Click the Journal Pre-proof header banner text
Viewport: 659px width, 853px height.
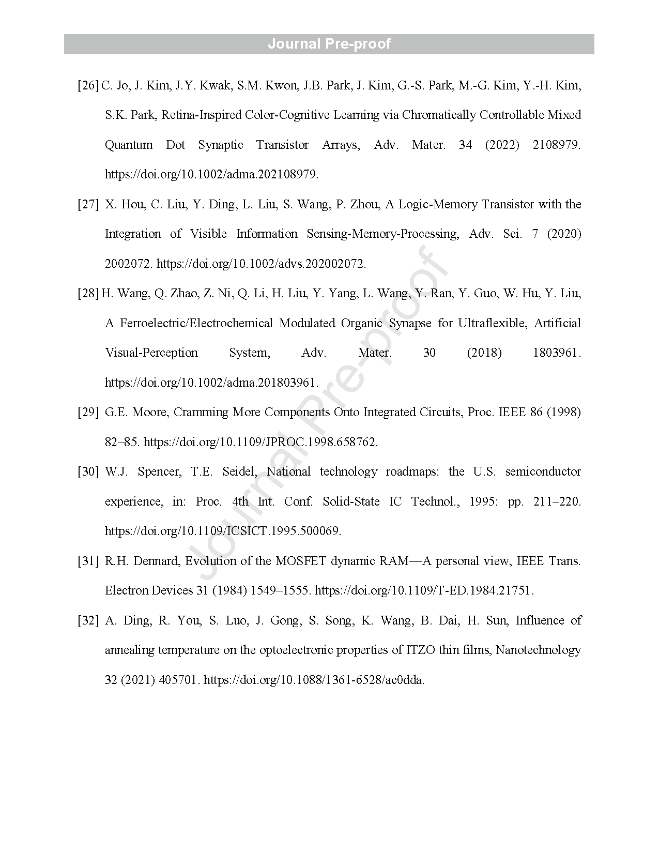pyautogui.click(x=329, y=44)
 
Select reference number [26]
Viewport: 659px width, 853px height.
pyautogui.click(x=88, y=85)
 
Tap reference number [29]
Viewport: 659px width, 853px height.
pyautogui.click(x=88, y=412)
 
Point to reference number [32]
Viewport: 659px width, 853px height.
pyautogui.click(x=88, y=620)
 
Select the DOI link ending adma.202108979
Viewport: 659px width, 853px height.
pyautogui.click(x=211, y=174)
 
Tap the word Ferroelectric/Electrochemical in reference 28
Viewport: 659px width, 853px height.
pyautogui.click(x=196, y=323)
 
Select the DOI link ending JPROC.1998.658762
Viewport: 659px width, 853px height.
pyautogui.click(x=260, y=442)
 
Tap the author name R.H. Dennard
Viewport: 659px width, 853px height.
pyautogui.click(x=141, y=561)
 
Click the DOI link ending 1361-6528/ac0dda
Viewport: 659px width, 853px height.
pyautogui.click(x=314, y=680)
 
